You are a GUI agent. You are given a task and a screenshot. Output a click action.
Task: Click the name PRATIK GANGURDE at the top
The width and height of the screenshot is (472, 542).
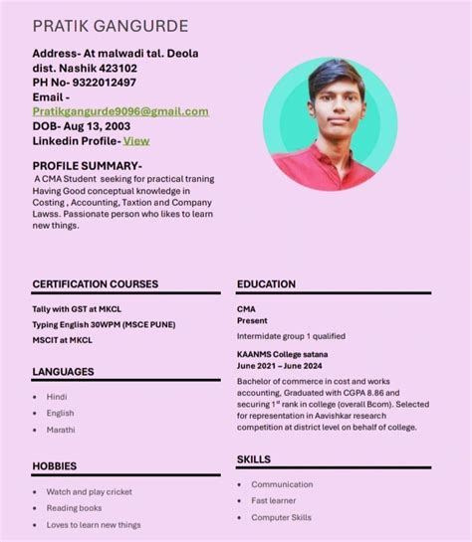coord(110,25)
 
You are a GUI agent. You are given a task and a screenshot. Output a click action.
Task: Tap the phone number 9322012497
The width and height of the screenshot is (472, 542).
coord(99,83)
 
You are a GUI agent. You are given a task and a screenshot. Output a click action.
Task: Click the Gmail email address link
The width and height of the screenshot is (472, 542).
coord(120,111)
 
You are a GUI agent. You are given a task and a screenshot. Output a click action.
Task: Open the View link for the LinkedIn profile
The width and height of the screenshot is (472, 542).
coord(136,140)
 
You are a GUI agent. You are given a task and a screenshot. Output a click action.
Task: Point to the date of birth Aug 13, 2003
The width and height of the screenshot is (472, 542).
coord(96,126)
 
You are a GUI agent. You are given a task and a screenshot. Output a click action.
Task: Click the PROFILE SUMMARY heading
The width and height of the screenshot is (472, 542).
coord(88,165)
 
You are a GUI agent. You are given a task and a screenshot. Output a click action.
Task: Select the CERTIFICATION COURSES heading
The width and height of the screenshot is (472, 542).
coord(96,284)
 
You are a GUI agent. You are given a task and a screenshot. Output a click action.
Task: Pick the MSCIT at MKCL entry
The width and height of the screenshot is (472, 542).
coord(62,340)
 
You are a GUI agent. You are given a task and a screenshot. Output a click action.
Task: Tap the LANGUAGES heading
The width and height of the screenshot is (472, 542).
coord(63,372)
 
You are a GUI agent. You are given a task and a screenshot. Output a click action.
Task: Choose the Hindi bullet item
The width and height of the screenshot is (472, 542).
coord(57,397)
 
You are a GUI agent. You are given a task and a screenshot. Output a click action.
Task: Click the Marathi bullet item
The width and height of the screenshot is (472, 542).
coord(61,430)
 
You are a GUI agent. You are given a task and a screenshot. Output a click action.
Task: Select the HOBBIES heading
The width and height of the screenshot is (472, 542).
coord(54,465)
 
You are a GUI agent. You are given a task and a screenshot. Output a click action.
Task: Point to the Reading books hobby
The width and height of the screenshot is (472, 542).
coord(74,508)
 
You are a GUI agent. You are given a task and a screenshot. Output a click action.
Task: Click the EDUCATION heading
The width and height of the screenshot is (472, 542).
coord(266,284)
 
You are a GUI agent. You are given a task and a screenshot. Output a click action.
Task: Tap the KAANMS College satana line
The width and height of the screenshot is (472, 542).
coord(283,354)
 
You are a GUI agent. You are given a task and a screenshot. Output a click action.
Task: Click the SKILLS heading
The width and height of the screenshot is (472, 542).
coord(254,459)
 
